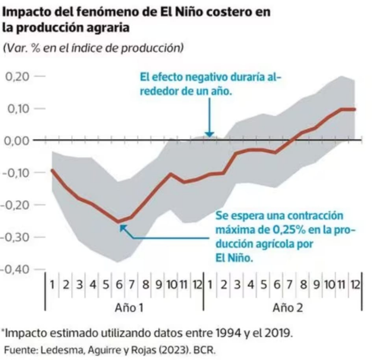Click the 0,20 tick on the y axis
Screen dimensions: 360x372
[x=18, y=76]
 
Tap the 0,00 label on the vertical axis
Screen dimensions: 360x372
[x=18, y=140]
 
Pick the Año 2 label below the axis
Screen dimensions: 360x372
[x=285, y=307]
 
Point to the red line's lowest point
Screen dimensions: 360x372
[x=118, y=222]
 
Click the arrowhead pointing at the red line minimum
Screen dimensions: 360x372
[x=122, y=226]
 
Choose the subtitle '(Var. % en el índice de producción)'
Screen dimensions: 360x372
[x=94, y=48]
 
